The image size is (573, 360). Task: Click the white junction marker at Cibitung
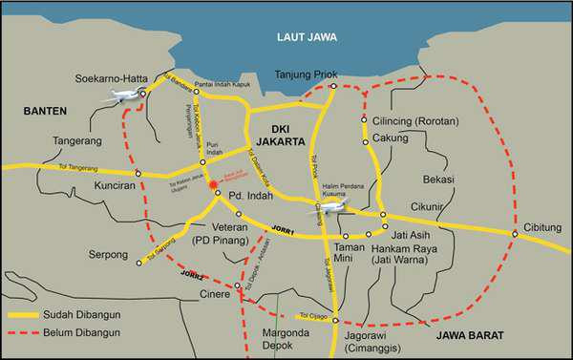click(x=515, y=233)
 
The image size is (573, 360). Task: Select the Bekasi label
click(x=439, y=179)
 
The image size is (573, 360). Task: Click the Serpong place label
click(x=103, y=256)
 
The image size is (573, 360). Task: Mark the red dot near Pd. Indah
click(x=212, y=185)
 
